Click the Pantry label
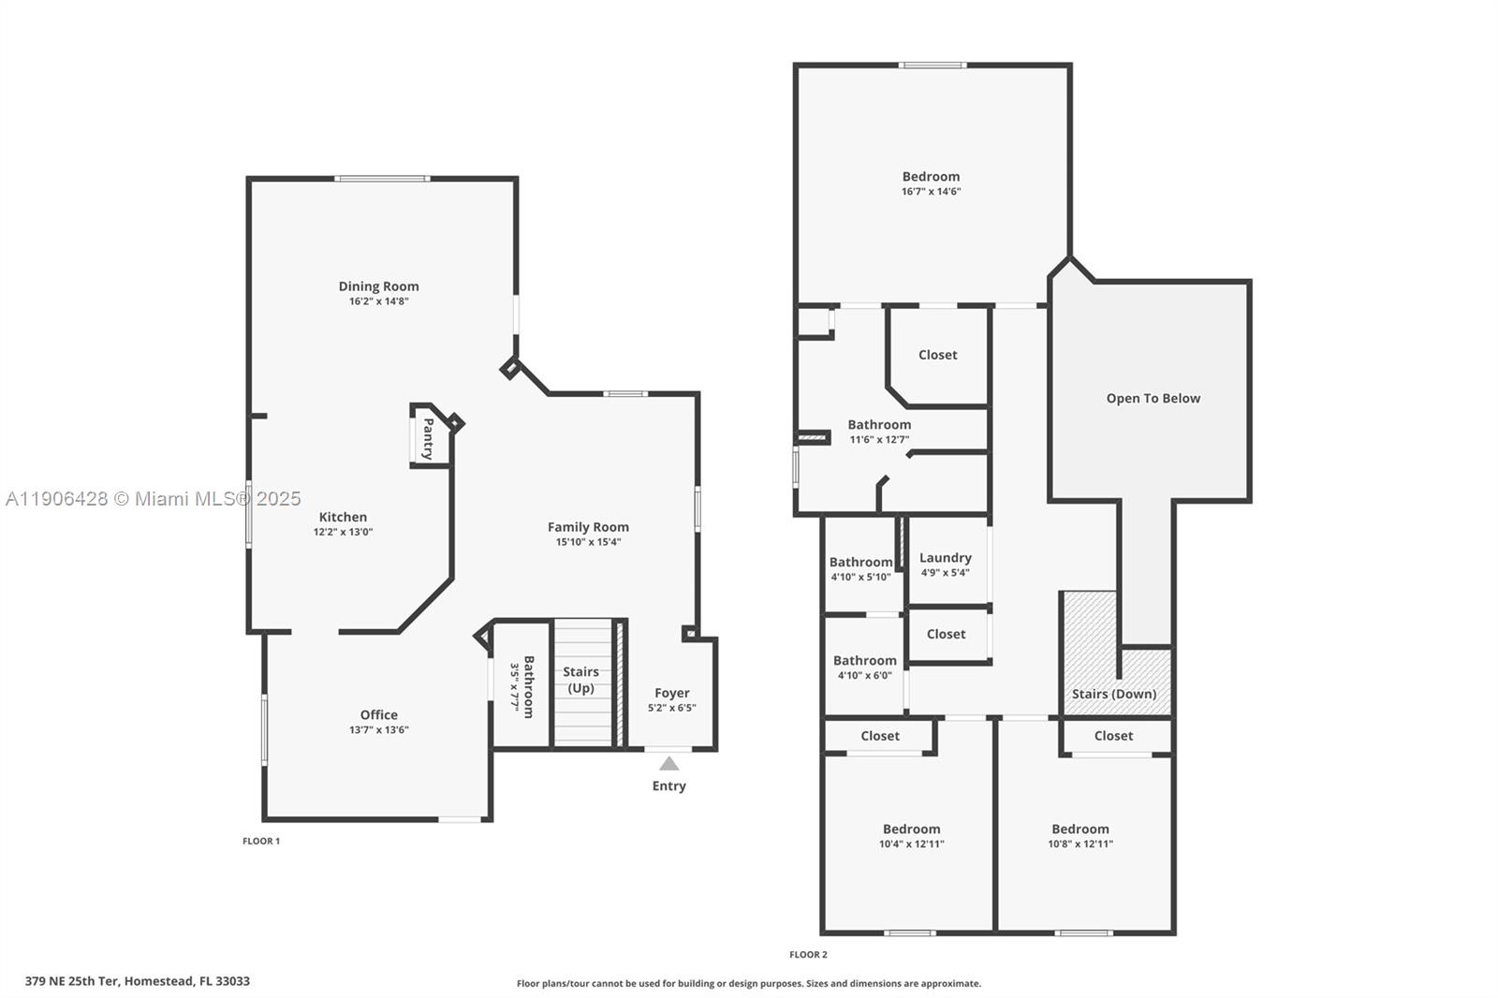428,438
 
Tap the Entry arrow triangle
668,764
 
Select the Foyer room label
671,694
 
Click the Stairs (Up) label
580,680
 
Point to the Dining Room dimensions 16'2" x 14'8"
378,301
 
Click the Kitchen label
343,517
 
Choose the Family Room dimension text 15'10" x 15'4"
588,542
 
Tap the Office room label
378,714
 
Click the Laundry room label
945,558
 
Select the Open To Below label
1153,398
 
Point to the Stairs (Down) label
1113,694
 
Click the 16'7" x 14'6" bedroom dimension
931,192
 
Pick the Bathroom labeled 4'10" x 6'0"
864,661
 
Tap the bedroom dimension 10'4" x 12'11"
911,844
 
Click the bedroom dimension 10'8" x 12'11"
1079,844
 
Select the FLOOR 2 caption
808,955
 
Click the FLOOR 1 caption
261,841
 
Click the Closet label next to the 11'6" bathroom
937,355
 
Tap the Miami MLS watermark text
154,499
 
